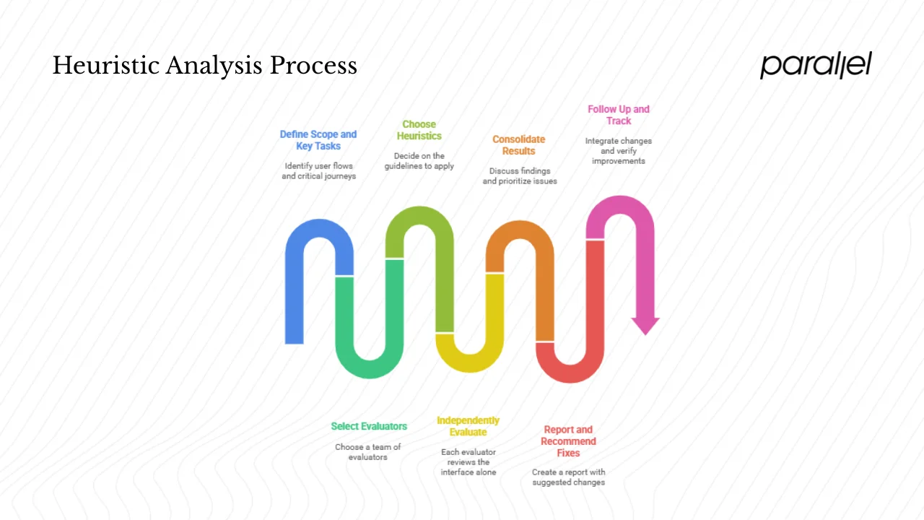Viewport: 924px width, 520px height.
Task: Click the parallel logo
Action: tap(816, 65)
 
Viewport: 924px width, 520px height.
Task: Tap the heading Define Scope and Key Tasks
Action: tap(318, 140)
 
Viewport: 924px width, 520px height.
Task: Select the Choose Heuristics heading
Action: tap(419, 130)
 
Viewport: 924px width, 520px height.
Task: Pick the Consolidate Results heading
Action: tap(518, 145)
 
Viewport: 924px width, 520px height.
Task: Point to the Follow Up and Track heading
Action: tap(618, 115)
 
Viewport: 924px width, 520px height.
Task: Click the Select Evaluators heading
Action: tap(369, 426)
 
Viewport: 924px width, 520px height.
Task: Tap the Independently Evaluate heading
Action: tap(468, 426)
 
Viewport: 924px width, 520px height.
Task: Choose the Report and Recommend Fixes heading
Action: tap(568, 441)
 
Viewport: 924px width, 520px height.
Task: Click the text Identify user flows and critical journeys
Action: tap(318, 171)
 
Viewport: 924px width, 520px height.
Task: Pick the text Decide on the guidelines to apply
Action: tap(419, 161)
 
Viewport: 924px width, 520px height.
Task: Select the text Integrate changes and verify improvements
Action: tap(618, 151)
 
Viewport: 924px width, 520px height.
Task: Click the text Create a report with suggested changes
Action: tap(568, 477)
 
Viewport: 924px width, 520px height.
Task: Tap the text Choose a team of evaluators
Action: tap(368, 452)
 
